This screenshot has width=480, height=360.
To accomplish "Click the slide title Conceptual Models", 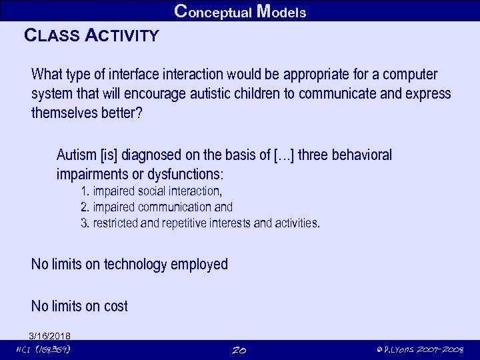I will coord(240,11).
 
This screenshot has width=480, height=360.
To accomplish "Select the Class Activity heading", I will coord(91,35).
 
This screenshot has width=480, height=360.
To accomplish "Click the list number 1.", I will coord(85,192).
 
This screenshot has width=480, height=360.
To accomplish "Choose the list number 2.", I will coord(85,207).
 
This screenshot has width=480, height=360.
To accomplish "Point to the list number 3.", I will coord(85,223).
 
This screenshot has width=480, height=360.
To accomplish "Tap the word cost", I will coord(115,307).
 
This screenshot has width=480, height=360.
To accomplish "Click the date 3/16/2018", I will coord(50,336).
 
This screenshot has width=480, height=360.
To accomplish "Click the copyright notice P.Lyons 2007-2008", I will coord(421,350).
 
